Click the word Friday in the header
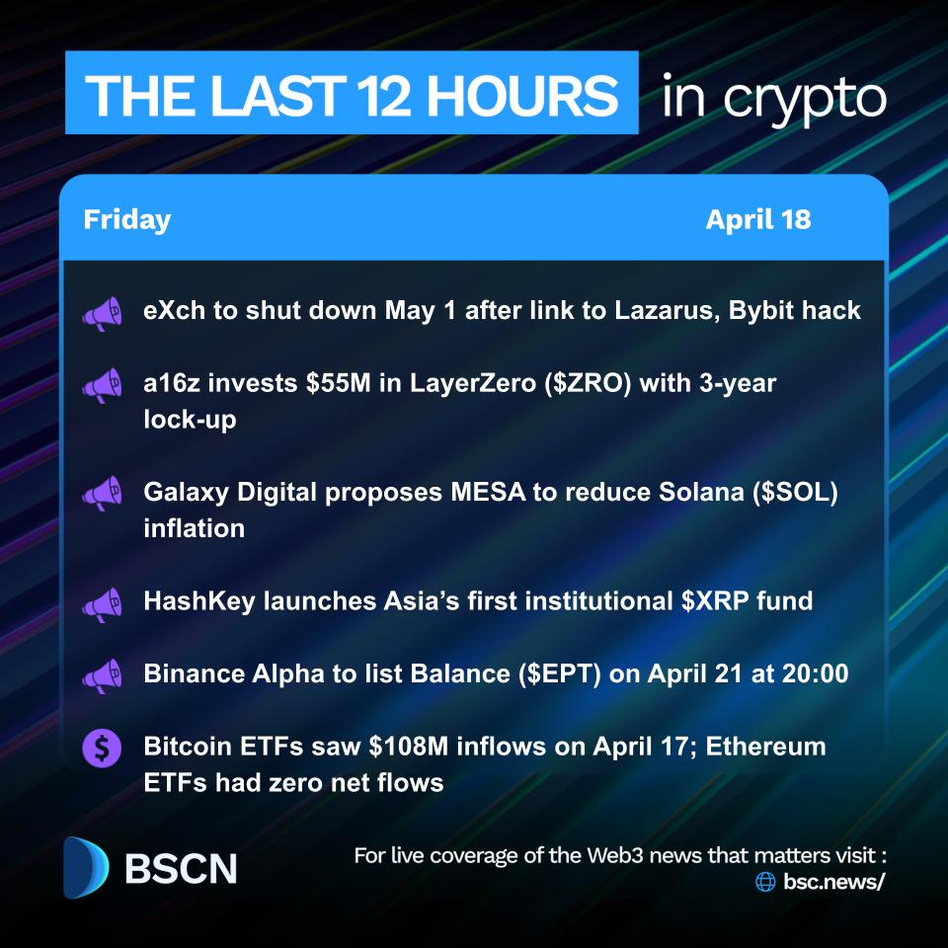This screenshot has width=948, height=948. tap(126, 219)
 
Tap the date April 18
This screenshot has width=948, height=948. tap(757, 219)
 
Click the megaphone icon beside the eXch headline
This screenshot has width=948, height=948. tap(102, 312)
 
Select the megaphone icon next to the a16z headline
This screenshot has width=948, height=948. tap(102, 385)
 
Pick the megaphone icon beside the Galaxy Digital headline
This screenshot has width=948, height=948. tap(102, 493)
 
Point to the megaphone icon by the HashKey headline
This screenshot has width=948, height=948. tap(102, 601)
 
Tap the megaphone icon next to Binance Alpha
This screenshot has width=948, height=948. tap(102, 675)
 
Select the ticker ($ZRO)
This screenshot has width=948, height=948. tap(593, 383)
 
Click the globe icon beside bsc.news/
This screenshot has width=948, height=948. tap(765, 882)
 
